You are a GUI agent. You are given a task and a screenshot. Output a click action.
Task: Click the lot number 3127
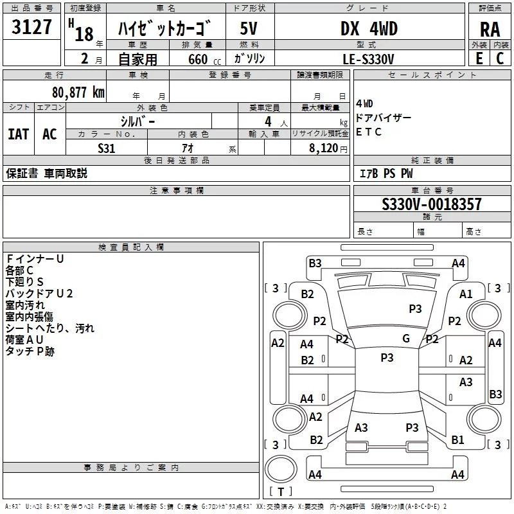coord(32,28)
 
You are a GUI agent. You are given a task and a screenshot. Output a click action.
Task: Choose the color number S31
coord(106,147)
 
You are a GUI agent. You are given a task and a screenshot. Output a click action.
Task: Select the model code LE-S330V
coord(368,58)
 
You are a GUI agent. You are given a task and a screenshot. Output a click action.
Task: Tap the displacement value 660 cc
coord(195,59)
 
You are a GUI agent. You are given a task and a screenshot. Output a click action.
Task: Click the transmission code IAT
coord(18,134)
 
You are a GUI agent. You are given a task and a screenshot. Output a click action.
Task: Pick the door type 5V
coord(249,29)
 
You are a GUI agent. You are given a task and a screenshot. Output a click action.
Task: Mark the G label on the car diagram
coord(405,338)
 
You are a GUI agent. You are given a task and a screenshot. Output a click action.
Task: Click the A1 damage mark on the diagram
coord(466,294)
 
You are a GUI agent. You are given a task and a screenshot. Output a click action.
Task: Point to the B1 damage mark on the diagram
coord(457,440)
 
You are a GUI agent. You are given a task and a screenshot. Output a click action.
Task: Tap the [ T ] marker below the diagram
coord(281,492)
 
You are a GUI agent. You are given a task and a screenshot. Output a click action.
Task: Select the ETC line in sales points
coord(369,132)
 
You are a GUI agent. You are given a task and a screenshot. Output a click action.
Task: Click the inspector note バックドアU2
coord(39,294)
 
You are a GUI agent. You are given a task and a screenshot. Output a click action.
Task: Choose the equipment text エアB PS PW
coord(385,173)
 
